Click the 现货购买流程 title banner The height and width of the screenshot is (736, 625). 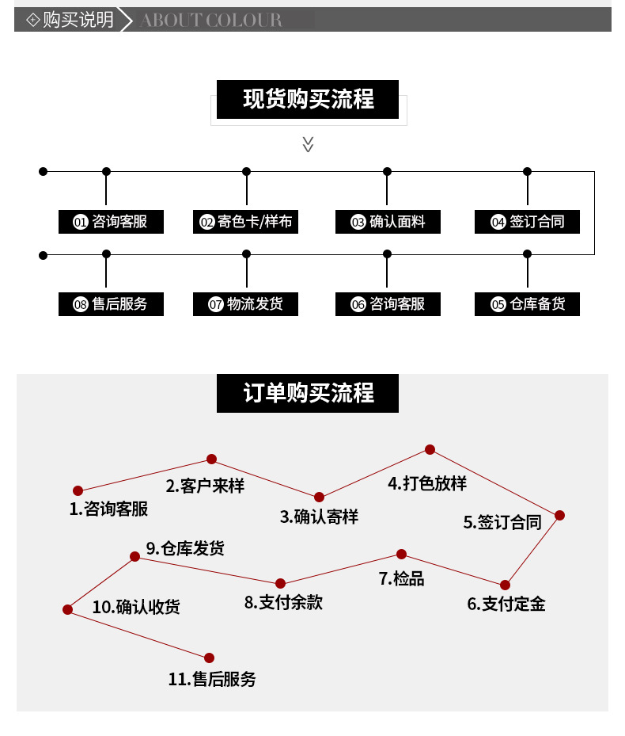pyautogui.click(x=308, y=100)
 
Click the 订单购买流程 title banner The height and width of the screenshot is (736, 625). pyautogui.click(x=308, y=393)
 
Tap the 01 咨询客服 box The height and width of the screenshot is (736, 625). pyautogui.click(x=112, y=222)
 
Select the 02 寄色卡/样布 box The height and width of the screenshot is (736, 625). pyautogui.click(x=246, y=222)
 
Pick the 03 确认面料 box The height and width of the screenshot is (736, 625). pyautogui.click(x=388, y=222)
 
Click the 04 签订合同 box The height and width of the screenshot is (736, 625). pyautogui.click(x=527, y=222)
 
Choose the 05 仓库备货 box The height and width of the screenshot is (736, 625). pyautogui.click(x=527, y=304)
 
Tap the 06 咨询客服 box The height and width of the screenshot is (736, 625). pyautogui.click(x=388, y=304)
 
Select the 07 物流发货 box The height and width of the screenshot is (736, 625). pyautogui.click(x=246, y=304)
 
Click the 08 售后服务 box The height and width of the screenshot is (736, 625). pyautogui.click(x=112, y=304)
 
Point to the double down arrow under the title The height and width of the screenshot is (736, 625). pyautogui.click(x=309, y=144)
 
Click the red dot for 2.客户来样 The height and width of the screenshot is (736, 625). pyautogui.click(x=211, y=459)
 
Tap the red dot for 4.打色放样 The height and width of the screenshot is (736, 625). pyautogui.click(x=430, y=449)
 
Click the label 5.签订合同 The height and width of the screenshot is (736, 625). pyautogui.click(x=502, y=522)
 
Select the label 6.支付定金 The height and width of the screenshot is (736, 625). pyautogui.click(x=506, y=604)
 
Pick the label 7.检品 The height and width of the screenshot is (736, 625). pyautogui.click(x=402, y=579)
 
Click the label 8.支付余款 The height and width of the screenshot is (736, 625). pyautogui.click(x=283, y=603)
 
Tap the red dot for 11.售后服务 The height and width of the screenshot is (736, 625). pyautogui.click(x=209, y=658)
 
